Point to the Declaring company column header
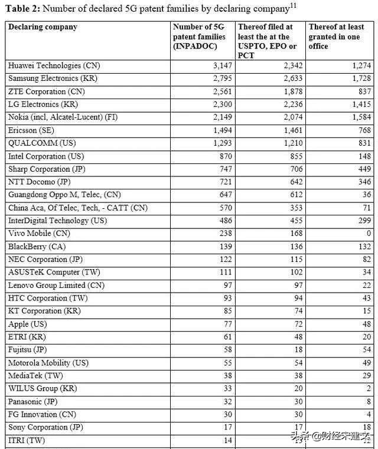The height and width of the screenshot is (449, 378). click(43, 27)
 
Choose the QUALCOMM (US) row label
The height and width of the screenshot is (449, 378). click(41, 143)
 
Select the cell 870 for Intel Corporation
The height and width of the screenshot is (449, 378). click(224, 156)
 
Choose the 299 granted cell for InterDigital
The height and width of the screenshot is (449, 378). click(364, 221)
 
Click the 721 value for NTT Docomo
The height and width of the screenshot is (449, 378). click(224, 182)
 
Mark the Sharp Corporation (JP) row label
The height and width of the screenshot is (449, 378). click(47, 169)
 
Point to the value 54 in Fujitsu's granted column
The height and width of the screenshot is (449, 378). click(366, 350)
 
